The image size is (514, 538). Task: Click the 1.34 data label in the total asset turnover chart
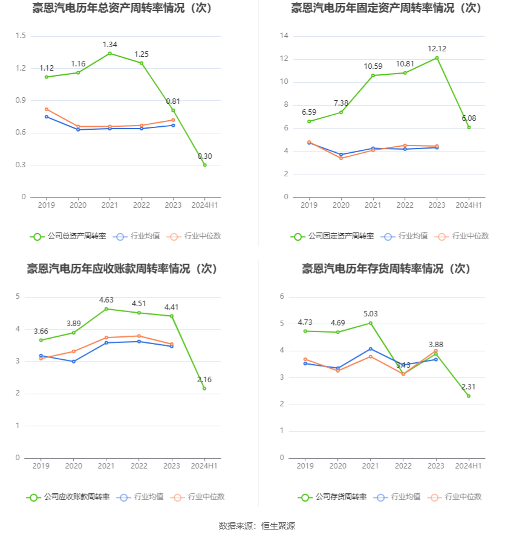[x=109, y=45]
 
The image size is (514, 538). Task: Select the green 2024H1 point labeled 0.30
[x=205, y=165]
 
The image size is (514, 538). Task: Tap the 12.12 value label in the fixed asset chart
[x=437, y=49]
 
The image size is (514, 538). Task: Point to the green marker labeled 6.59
[x=309, y=121]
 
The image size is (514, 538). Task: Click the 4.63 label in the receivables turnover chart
[x=106, y=300]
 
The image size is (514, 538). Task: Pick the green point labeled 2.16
[x=204, y=388]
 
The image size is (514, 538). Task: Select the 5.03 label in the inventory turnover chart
[x=371, y=314]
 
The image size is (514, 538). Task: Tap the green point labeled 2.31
[x=469, y=396]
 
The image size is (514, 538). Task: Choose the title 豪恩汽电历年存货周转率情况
[x=386, y=269]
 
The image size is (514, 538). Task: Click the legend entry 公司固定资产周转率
[x=332, y=236]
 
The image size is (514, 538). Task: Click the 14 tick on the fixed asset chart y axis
[x=284, y=36]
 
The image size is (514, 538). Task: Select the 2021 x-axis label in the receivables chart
[x=106, y=466]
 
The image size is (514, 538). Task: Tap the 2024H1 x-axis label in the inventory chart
[x=469, y=466]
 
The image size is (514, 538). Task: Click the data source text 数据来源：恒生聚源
[x=257, y=526]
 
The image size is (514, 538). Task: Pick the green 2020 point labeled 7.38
[x=341, y=112]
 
